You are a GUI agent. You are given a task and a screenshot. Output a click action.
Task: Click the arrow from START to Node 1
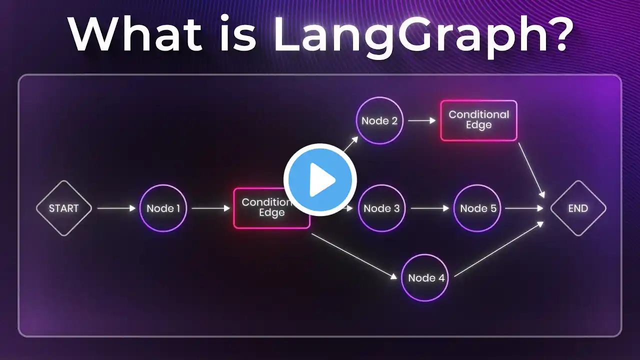click(116, 208)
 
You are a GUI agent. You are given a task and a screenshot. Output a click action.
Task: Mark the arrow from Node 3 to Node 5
click(430, 208)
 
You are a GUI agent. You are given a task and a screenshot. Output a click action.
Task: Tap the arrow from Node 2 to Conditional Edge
click(422, 120)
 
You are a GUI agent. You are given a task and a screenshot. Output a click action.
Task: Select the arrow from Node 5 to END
click(524, 208)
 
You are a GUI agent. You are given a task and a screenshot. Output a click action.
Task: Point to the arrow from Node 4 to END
click(499, 249)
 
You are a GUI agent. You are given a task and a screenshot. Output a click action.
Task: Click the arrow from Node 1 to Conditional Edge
click(211, 208)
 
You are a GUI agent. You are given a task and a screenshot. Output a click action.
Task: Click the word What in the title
click(135, 33)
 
